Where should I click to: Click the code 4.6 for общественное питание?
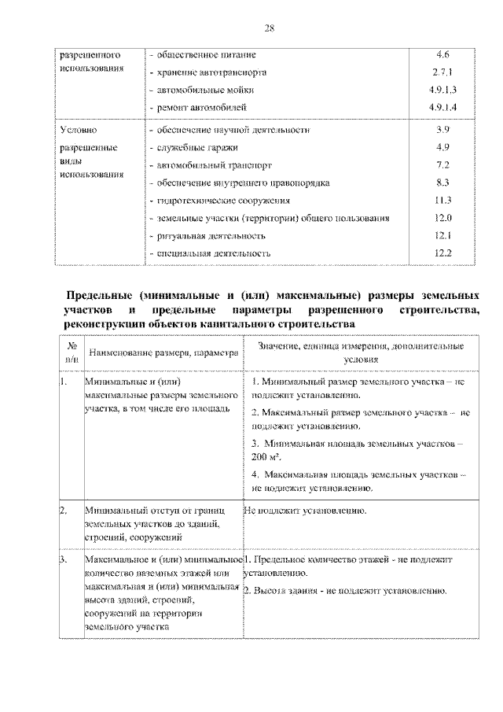[442, 56]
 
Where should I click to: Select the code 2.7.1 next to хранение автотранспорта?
[442, 72]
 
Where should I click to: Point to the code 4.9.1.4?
[442, 106]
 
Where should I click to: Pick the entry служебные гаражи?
[194, 148]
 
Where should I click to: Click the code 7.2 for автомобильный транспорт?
[442, 165]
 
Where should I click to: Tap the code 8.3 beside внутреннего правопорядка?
[442, 183]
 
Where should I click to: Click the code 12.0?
[442, 218]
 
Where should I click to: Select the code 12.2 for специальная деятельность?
[442, 253]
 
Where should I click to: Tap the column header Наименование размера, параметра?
[163, 354]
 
